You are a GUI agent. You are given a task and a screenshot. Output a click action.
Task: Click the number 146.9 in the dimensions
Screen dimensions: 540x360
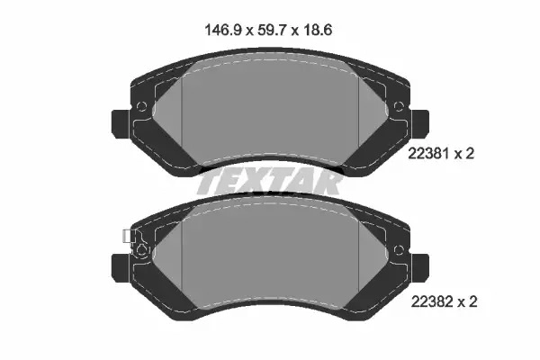(x=222, y=30)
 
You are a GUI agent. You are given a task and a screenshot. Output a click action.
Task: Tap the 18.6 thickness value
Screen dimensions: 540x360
(x=318, y=30)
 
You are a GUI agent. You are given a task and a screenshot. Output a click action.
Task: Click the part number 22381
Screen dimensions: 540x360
(x=428, y=153)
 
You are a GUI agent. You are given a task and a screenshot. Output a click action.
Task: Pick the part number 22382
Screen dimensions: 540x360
(x=432, y=302)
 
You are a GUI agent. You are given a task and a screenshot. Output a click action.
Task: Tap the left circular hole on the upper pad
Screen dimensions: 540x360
(x=141, y=106)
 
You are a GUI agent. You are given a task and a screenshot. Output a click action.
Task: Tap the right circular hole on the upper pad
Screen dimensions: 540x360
(x=399, y=106)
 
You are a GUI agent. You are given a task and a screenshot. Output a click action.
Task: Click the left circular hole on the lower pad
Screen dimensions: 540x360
(x=141, y=250)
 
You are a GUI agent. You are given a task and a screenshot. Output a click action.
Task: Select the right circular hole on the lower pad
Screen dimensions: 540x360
(x=399, y=250)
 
